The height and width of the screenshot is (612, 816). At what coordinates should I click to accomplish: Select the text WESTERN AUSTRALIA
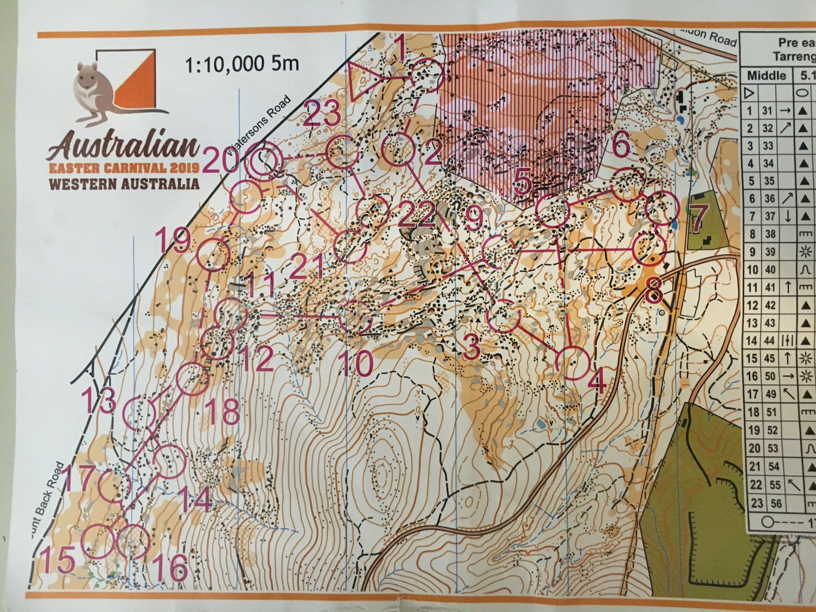coord(124,183)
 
